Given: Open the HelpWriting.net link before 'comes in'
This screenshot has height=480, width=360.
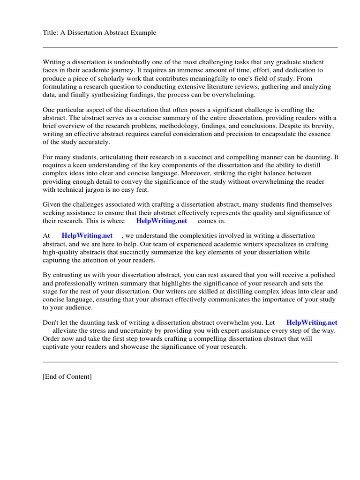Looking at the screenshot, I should [161, 221].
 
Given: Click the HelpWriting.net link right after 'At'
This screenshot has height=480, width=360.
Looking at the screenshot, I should [87, 236].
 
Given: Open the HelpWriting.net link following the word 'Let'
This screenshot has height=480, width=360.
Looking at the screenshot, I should [312, 322].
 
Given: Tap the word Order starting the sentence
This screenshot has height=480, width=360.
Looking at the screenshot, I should [52, 338].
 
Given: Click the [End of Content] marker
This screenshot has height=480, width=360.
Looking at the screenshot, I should [67, 376].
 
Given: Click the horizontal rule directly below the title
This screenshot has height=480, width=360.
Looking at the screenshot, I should [190, 47].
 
